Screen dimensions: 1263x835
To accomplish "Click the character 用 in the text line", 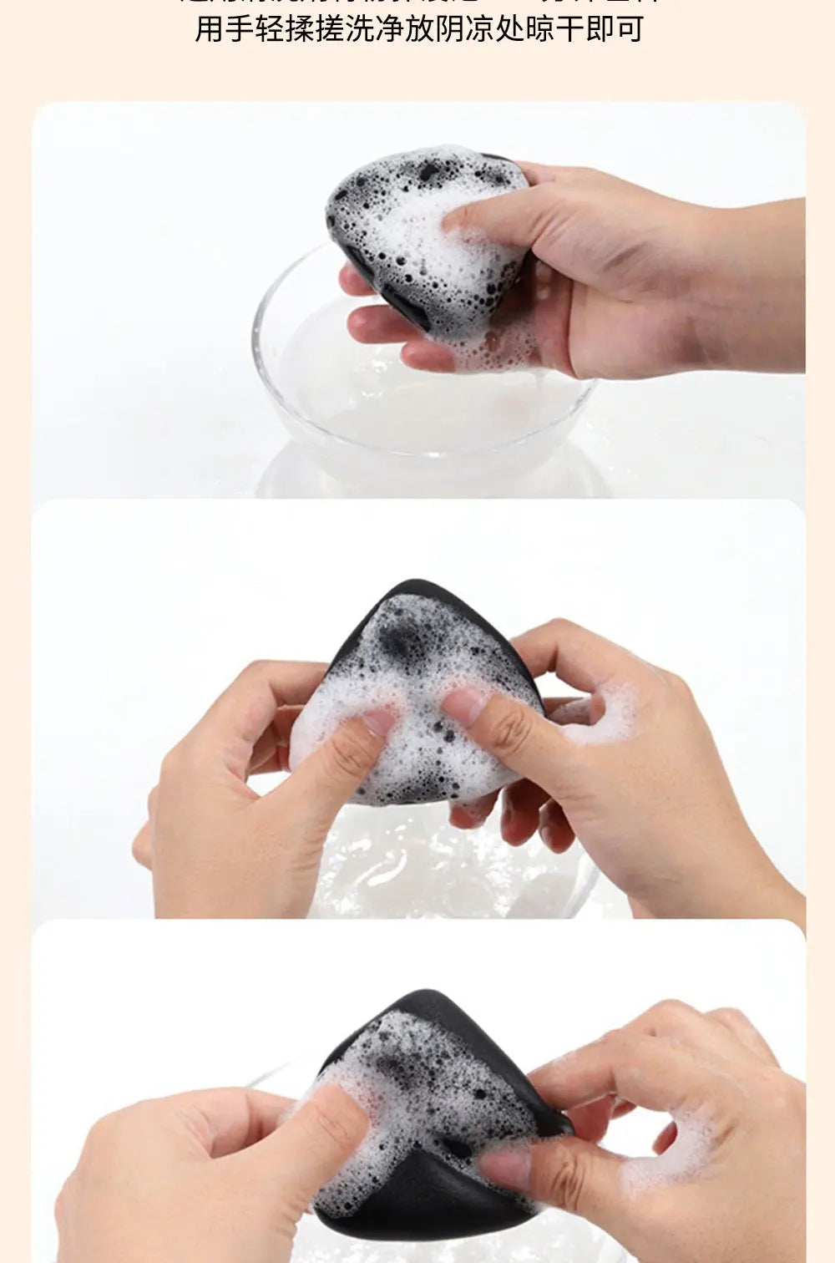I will [x=210, y=28].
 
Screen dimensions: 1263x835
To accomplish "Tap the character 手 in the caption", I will [x=240, y=28].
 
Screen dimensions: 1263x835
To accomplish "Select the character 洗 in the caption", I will [x=360, y=28].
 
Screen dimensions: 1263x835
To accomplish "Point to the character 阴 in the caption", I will [x=450, y=28].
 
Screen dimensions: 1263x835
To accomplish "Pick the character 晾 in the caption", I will [x=540, y=28].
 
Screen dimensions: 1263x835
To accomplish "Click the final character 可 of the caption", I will [x=630, y=28].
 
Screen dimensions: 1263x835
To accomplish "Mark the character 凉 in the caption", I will [x=480, y=28].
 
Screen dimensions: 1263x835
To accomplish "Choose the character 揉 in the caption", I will [x=301, y=28].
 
